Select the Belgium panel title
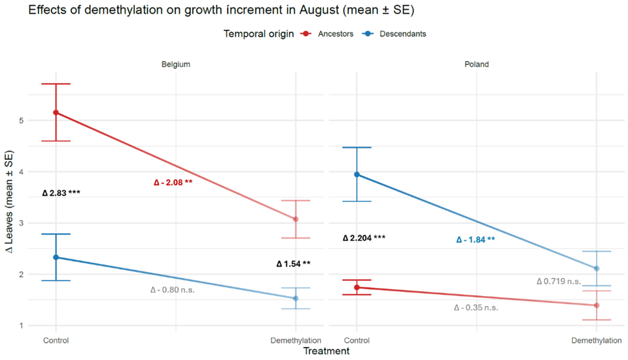pyautogui.click(x=175, y=64)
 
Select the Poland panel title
pyautogui.click(x=476, y=64)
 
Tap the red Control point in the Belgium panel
pyautogui.click(x=56, y=113)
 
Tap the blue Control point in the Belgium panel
pyautogui.click(x=56, y=257)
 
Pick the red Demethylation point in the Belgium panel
pyautogui.click(x=295, y=219)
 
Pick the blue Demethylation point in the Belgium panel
pyautogui.click(x=295, y=298)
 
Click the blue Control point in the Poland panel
pyautogui.click(x=356, y=174)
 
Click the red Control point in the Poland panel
pyautogui.click(x=356, y=287)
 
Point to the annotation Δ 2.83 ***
pyautogui.click(x=61, y=193)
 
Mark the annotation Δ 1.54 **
pyautogui.click(x=293, y=264)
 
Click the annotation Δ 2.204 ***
pyautogui.click(x=364, y=238)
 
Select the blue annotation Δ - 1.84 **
pyautogui.click(x=476, y=240)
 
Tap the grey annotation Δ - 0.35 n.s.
pyautogui.click(x=476, y=307)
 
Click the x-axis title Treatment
pyautogui.click(x=326, y=351)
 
